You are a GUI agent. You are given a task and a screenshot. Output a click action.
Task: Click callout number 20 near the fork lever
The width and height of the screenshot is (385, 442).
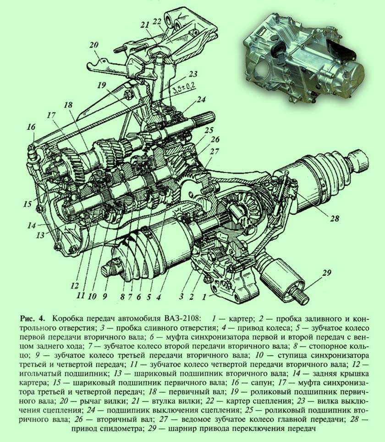95,45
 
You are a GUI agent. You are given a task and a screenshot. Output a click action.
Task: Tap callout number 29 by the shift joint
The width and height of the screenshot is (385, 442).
326,274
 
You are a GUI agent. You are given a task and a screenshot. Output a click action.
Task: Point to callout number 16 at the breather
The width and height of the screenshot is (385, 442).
31,127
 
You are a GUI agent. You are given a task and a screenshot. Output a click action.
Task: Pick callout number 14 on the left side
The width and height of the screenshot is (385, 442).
31,226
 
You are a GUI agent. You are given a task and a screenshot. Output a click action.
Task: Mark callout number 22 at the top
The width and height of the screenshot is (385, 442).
157,22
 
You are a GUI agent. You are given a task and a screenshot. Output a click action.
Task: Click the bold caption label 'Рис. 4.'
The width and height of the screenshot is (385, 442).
33,318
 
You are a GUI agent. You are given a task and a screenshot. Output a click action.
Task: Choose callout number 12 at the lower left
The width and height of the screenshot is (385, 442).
75,285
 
